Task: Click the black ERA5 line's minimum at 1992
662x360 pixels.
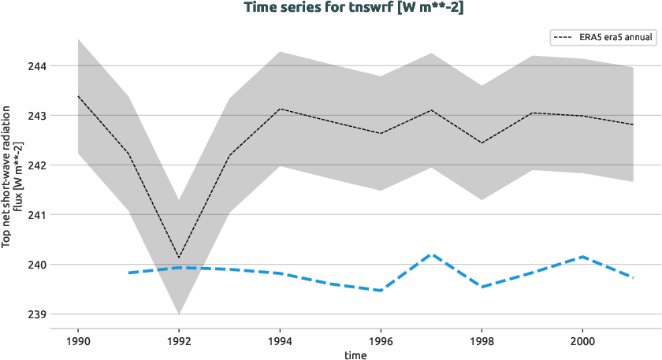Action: click(179, 258)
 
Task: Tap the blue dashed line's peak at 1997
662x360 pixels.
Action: click(431, 254)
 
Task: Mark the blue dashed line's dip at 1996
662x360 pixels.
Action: click(381, 291)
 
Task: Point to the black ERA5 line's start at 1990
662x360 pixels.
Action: click(78, 96)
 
